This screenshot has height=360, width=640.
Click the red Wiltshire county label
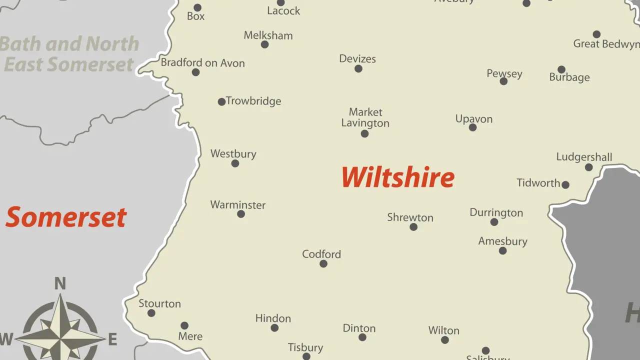click(398, 177)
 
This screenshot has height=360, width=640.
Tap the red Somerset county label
click(66, 217)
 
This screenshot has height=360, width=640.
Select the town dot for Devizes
click(358, 69)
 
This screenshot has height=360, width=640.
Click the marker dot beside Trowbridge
click(221, 102)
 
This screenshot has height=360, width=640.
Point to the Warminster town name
click(237, 205)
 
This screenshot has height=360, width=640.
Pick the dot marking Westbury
click(235, 163)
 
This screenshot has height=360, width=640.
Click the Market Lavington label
click(365, 117)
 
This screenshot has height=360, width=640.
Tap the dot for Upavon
click(472, 127)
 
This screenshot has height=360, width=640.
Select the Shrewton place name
click(410, 217)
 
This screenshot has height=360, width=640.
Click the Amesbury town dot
click(502, 251)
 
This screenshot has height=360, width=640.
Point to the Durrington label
click(496, 212)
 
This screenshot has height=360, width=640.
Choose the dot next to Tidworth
click(565, 185)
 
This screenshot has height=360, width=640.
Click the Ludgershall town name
click(584, 157)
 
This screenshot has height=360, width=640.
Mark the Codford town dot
click(323, 264)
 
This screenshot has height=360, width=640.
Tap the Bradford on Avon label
click(202, 63)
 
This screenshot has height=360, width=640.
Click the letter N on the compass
click(60, 284)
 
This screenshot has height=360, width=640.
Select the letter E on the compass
click(112, 340)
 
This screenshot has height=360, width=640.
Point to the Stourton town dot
click(151, 313)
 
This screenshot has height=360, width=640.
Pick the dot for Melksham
click(265, 44)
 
